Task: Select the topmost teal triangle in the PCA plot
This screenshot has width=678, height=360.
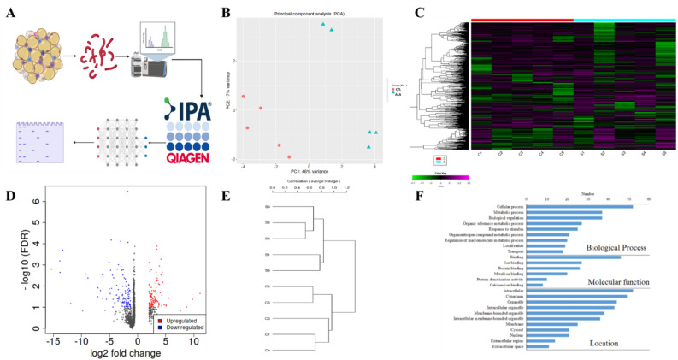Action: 323,24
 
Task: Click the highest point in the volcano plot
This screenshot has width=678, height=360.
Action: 127,192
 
